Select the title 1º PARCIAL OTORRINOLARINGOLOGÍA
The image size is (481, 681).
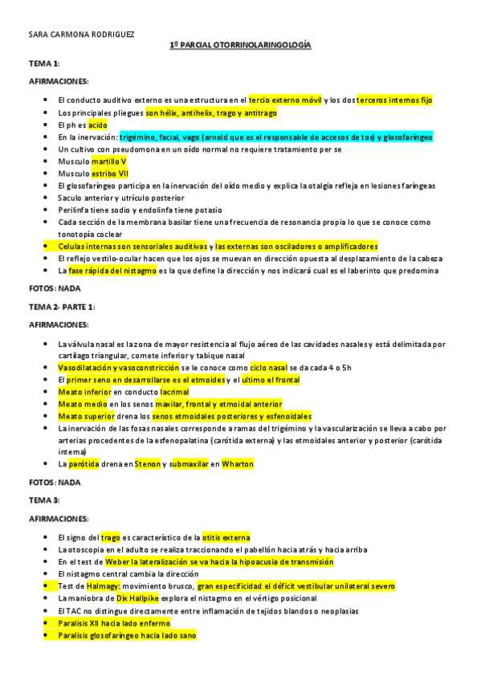pos(240,46)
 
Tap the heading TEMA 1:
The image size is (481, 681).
pos(44,63)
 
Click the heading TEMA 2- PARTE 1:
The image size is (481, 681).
pos(63,307)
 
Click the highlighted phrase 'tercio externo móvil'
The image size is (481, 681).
pos(285,100)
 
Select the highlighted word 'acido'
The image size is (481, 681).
pos(97,125)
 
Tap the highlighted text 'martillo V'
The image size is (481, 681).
pos(104,161)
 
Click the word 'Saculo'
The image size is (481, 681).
pos(71,198)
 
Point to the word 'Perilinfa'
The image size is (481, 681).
pos(75,210)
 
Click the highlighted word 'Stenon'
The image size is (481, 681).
pos(147,464)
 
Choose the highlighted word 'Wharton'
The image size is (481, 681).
pos(237,464)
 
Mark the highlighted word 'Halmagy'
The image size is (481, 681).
pos(100,586)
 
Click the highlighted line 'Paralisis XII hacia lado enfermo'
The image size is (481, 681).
pos(114,623)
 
